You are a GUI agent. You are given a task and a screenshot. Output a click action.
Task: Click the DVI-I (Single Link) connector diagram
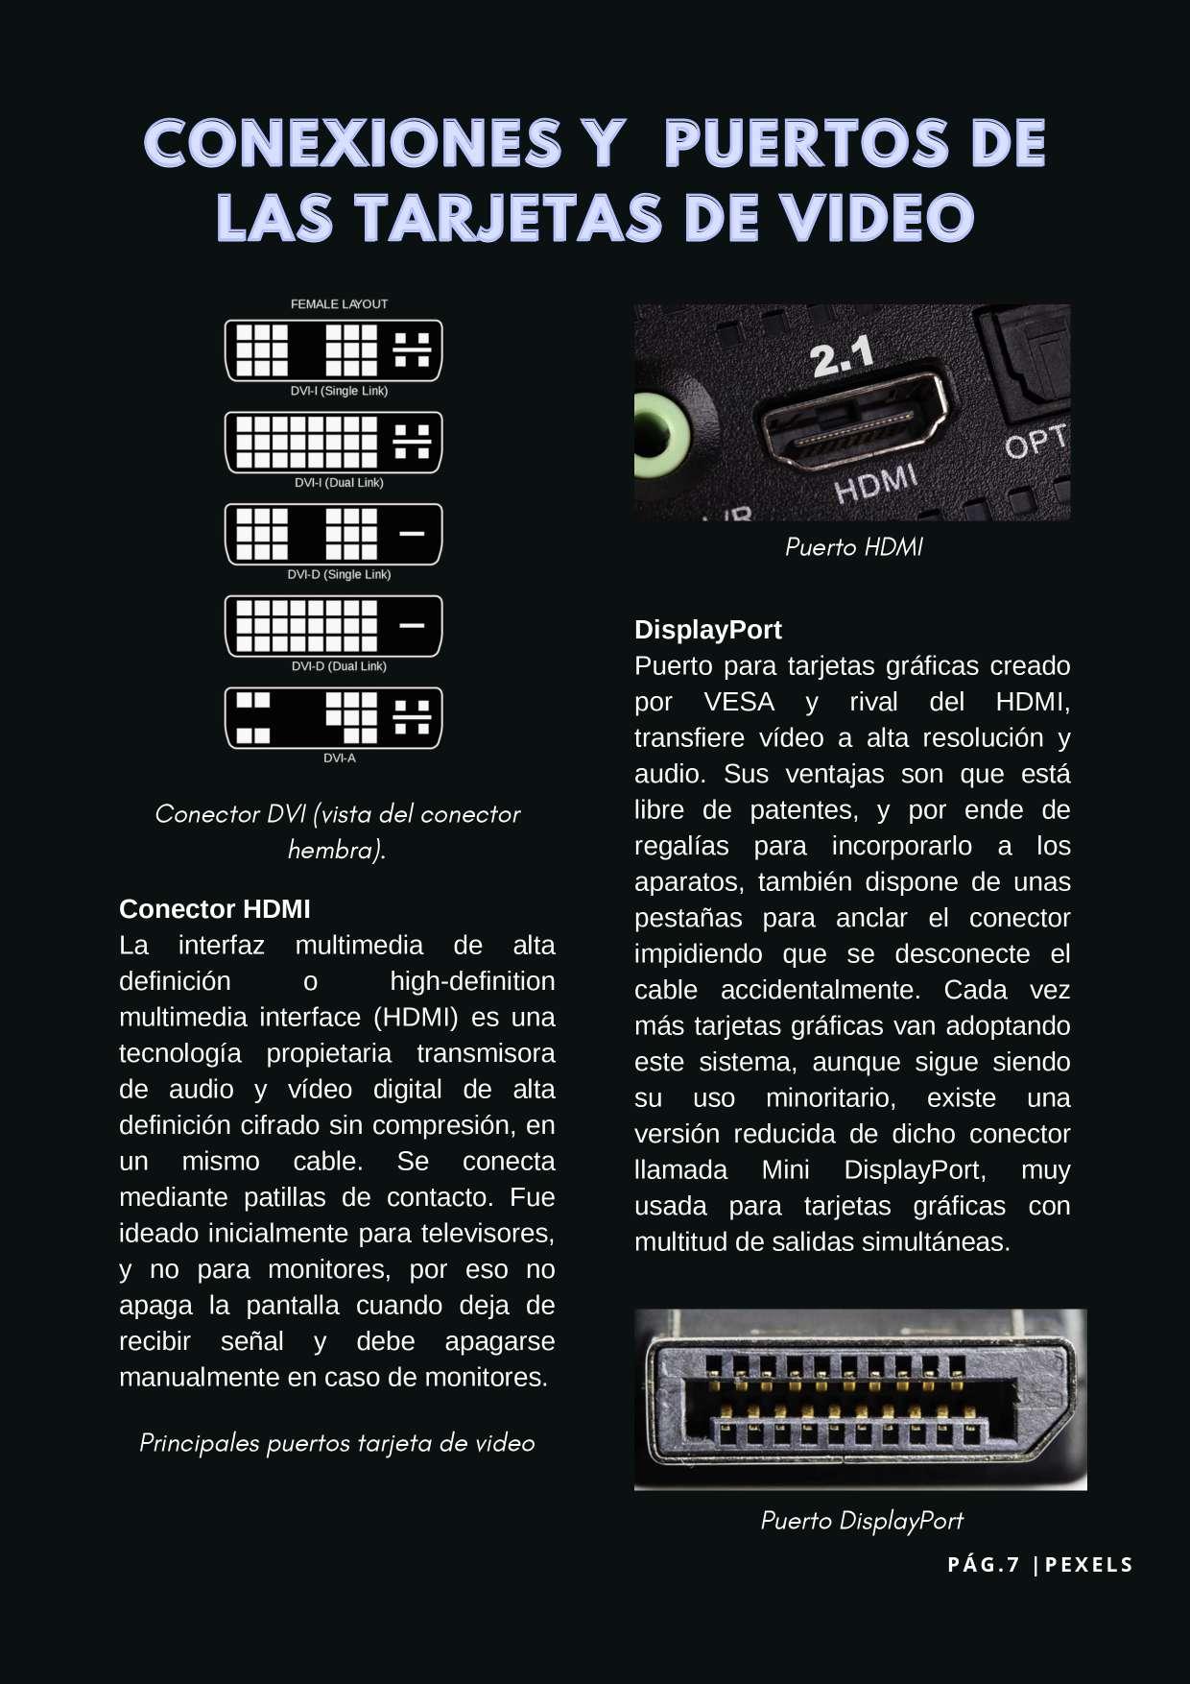click(x=333, y=350)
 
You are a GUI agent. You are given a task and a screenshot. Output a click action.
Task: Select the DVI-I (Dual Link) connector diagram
click(x=333, y=443)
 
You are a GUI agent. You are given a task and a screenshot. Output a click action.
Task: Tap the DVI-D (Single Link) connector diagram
click(x=333, y=534)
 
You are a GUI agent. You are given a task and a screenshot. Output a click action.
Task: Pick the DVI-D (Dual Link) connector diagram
click(x=333, y=626)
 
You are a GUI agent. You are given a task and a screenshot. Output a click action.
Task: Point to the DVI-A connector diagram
click(x=333, y=718)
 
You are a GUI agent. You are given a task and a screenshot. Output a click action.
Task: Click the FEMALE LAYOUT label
click(x=339, y=304)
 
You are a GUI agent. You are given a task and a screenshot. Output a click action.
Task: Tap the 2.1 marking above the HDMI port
click(x=842, y=357)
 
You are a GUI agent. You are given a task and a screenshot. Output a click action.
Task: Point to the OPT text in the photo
click(x=1035, y=443)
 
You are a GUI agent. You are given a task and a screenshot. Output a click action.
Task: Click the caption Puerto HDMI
click(x=853, y=547)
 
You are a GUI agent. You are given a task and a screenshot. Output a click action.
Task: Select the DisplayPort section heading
click(x=707, y=630)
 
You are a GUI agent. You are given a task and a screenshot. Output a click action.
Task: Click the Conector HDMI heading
click(x=214, y=909)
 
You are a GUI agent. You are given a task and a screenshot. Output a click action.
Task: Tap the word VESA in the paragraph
click(x=738, y=702)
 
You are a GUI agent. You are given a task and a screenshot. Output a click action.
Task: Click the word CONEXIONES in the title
click(x=352, y=144)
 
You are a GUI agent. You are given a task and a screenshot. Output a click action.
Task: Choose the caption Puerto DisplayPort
click(x=861, y=1521)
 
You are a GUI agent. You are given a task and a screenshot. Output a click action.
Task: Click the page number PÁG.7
click(x=983, y=1565)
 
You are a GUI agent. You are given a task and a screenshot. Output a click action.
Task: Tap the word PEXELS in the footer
click(x=1089, y=1565)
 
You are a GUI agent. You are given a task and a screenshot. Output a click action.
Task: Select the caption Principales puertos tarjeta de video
click(x=337, y=1443)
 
